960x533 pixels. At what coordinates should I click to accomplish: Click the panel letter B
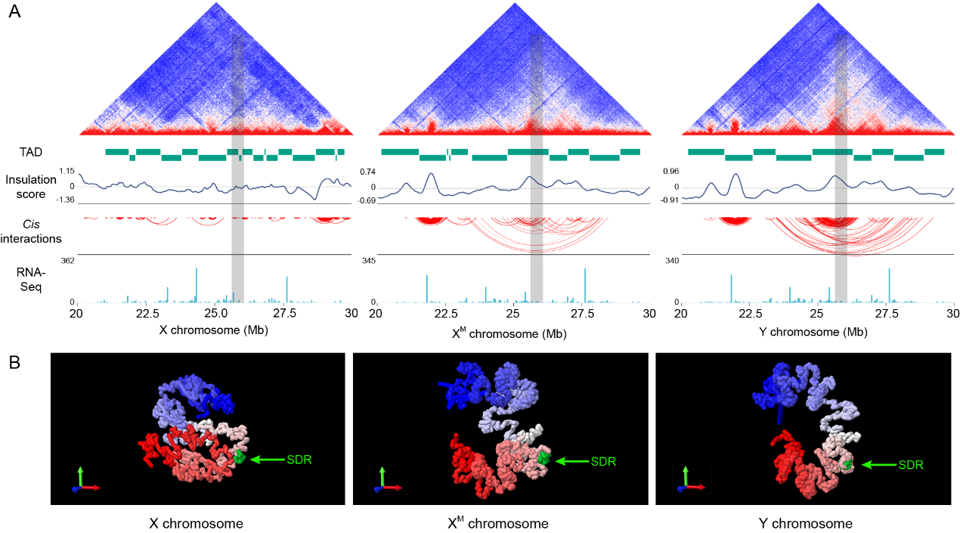tap(14, 363)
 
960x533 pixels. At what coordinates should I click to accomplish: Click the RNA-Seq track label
tap(30, 280)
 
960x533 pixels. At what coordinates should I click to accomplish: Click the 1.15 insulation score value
tap(67, 172)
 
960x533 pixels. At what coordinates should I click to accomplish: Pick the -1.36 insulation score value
tap(67, 200)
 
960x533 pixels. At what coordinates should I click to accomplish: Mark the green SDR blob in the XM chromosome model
tap(542, 458)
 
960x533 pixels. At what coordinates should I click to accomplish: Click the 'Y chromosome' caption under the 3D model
tap(805, 523)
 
